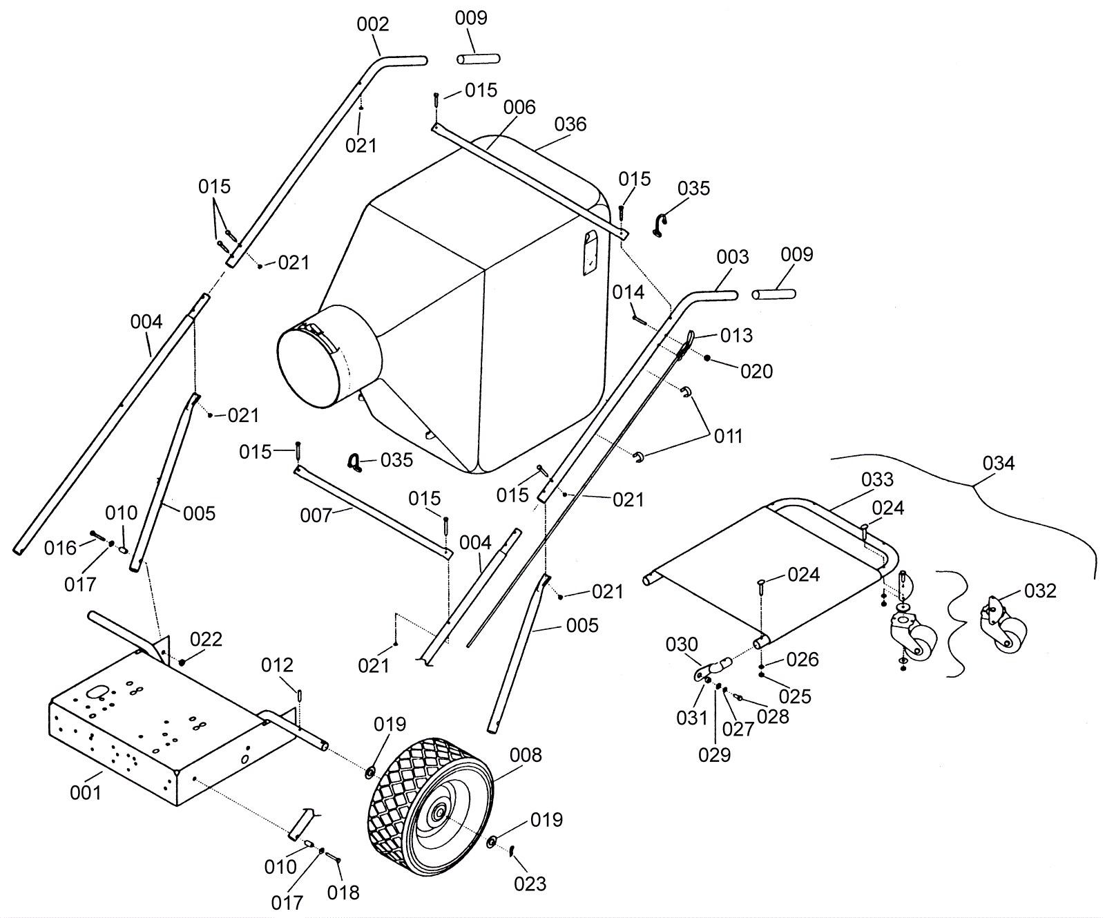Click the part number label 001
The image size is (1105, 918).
pos(86,792)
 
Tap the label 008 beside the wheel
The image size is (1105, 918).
pos(526,755)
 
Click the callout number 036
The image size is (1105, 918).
pos(570,124)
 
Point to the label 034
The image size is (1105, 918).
pos(999,463)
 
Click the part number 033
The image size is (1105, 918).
pos(877,479)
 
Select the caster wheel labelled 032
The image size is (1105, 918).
pos(1003,624)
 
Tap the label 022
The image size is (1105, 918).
pos(206,639)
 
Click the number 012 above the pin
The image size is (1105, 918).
pos(277,664)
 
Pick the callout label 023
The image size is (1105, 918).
pos(530,883)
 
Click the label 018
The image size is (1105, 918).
pos(343,892)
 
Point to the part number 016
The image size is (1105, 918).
pos(60,548)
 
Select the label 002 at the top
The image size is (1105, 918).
pos(373,24)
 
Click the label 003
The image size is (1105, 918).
pos(733,257)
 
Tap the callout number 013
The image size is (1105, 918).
pos(736,335)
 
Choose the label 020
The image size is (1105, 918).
pos(757,372)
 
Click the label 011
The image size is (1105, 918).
pos(728,436)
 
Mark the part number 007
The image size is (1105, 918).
pos(316,515)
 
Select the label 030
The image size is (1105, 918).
pos(682,644)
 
